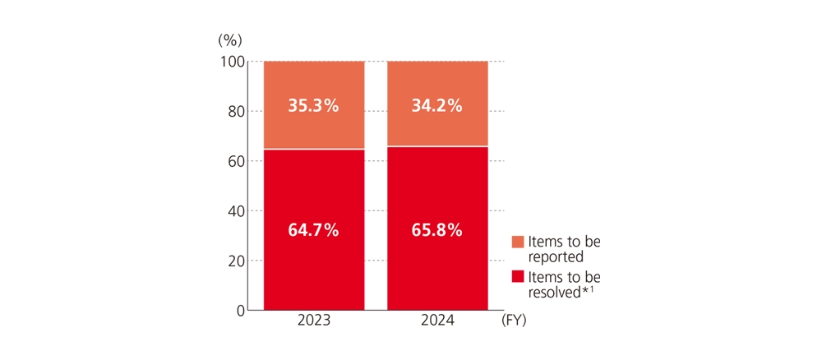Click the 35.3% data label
pos(313,106)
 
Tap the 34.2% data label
pos(436,106)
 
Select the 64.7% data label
pos(313,230)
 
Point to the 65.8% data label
pos(436,230)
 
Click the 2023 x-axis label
pos(313,321)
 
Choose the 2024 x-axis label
pos(436,321)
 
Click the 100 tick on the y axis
pos(232,62)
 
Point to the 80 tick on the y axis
pos(235,111)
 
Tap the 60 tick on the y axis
pos(235,161)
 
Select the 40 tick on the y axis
pos(235,211)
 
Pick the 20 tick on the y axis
pos(235,261)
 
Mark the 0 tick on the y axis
pos(239,311)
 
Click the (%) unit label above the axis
pos(230,39)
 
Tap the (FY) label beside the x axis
pos(513,321)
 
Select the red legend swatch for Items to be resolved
pos(517,277)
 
